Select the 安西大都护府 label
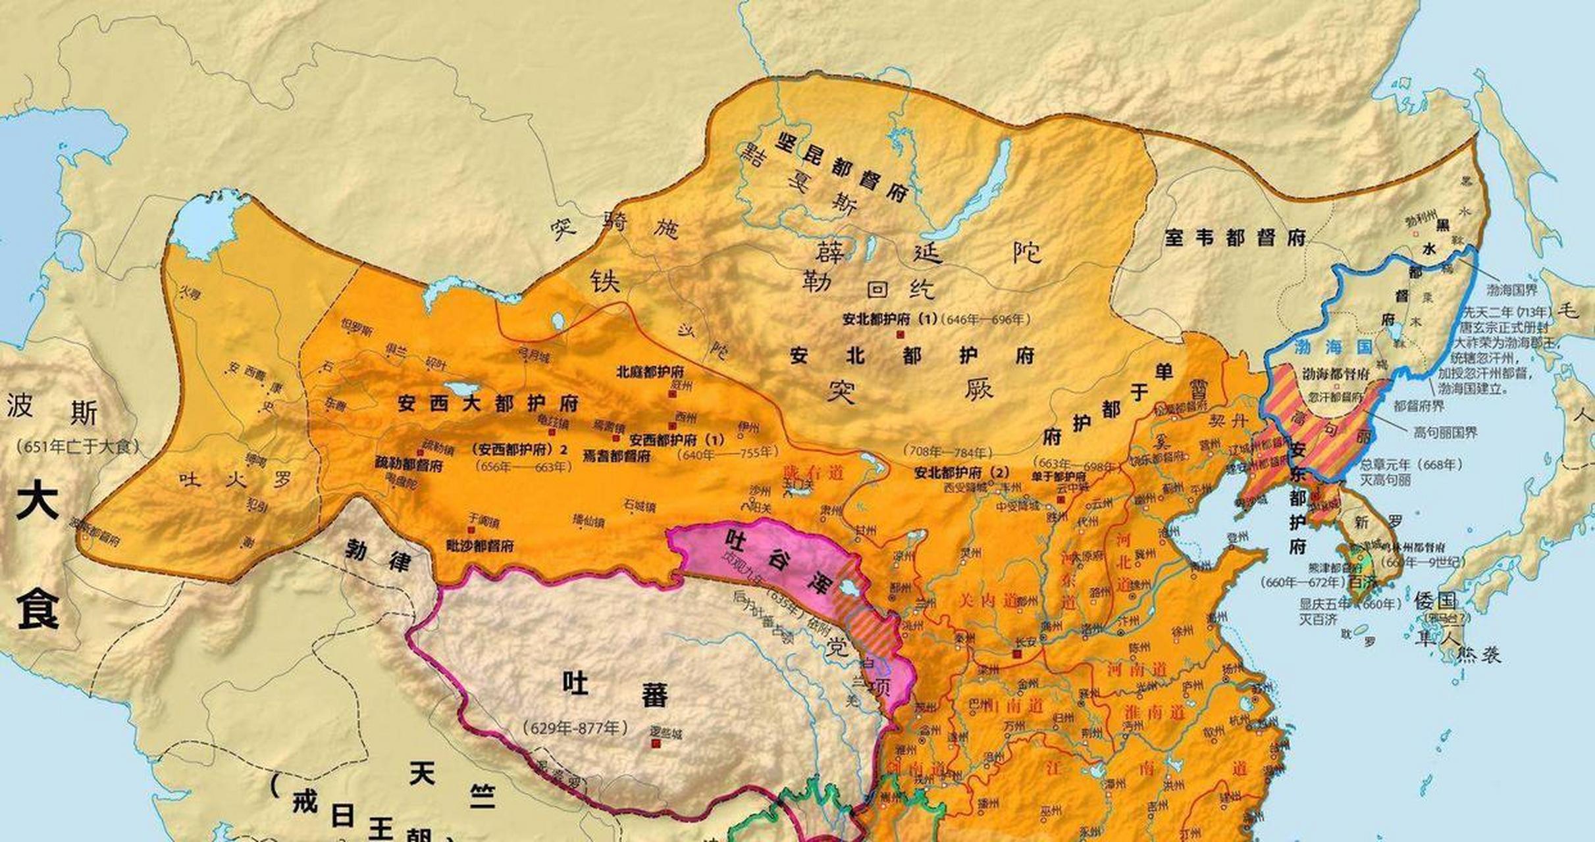coord(488,403)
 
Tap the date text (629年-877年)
coord(575,728)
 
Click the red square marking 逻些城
coord(656,743)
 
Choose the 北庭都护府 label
coord(650,371)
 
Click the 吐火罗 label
coord(234,480)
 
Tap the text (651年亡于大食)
coord(79,447)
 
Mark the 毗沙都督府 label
coord(480,545)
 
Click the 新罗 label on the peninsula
coord(1377,522)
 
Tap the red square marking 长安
coord(1017,655)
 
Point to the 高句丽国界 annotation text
coord(1446,432)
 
